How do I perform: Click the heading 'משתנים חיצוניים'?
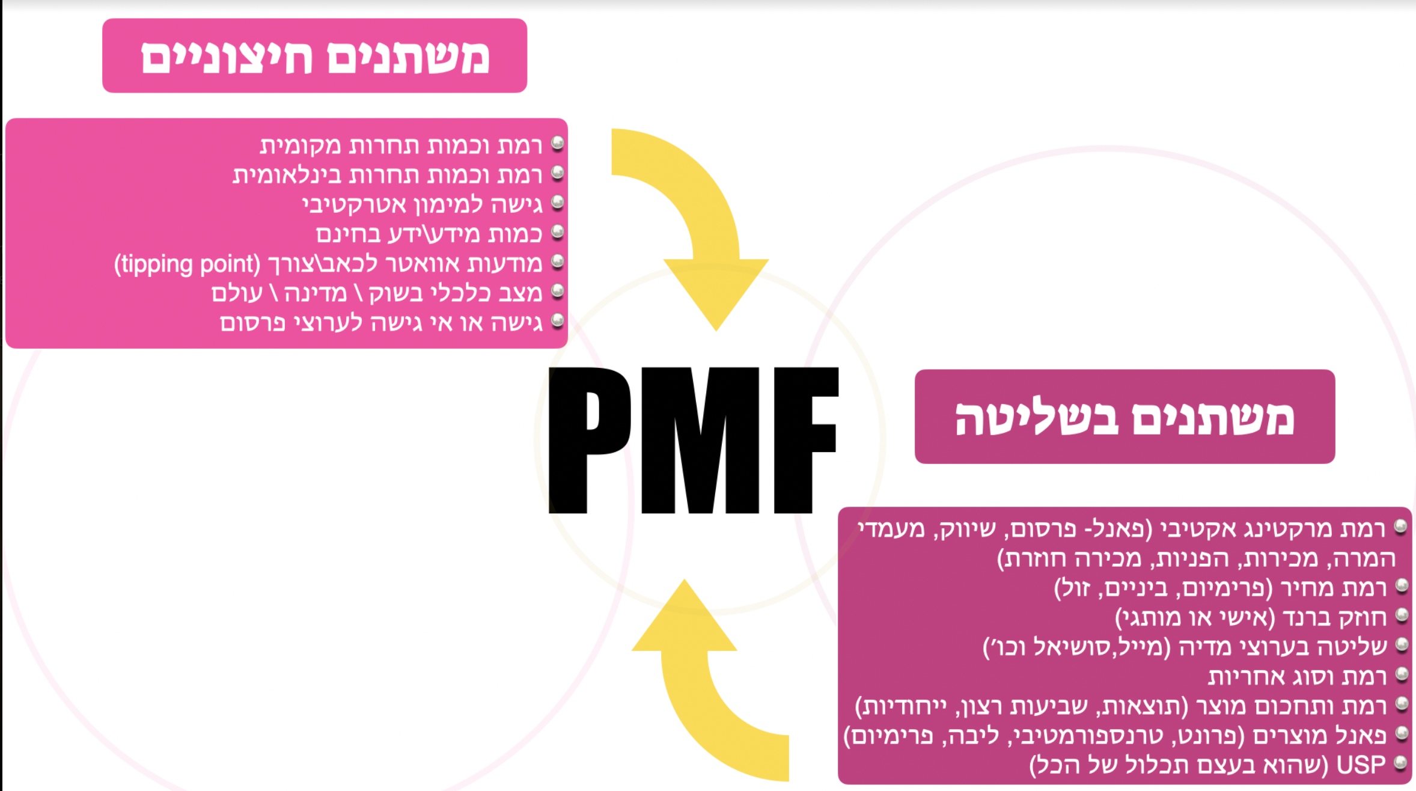315,57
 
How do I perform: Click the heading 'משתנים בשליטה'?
1124,418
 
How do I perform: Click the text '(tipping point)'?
187,264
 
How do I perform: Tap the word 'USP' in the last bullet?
1361,765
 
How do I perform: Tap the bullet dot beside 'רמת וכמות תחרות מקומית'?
558,143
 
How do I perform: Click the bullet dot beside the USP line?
1400,763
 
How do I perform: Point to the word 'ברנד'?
1304,618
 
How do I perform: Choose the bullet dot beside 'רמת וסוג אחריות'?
1402,674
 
